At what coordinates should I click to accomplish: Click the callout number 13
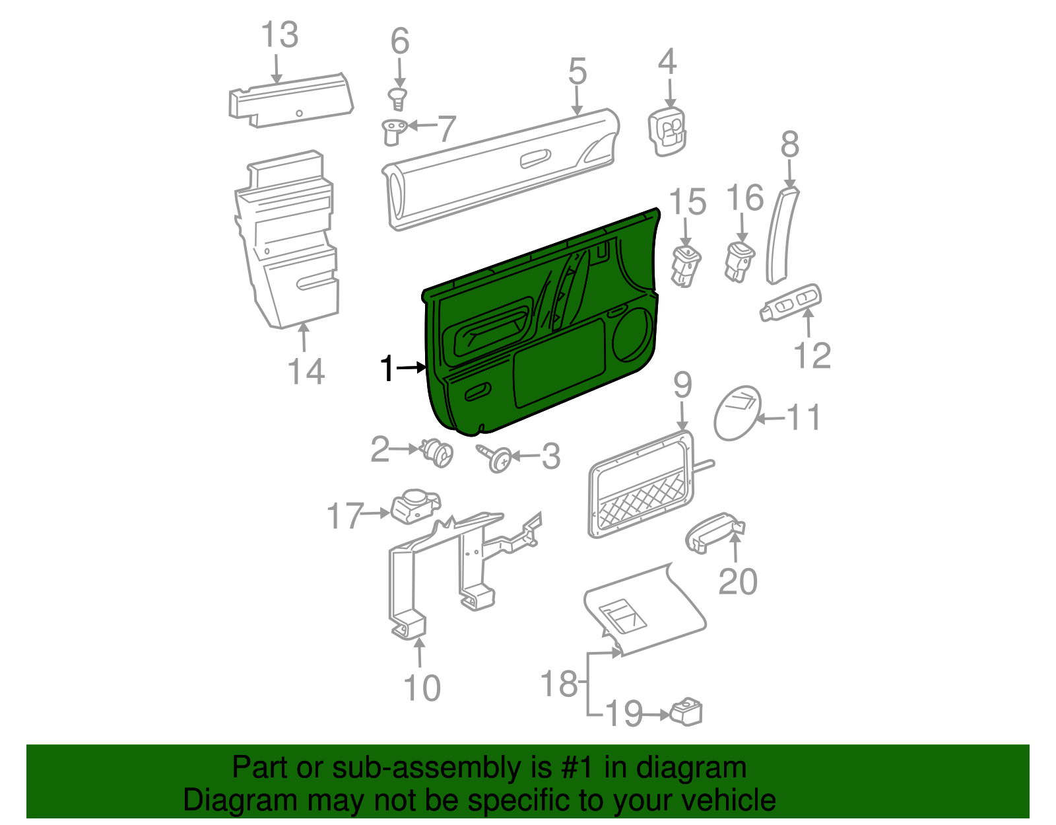[x=280, y=35]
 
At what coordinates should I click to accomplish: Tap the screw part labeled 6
[x=397, y=100]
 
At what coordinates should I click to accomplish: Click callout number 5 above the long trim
[x=577, y=71]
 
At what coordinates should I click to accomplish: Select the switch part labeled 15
[x=685, y=266]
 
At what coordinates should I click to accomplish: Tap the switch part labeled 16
[x=739, y=261]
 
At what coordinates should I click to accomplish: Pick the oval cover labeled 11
[x=737, y=413]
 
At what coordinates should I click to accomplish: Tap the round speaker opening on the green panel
[x=632, y=336]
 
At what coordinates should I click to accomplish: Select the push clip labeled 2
[x=438, y=453]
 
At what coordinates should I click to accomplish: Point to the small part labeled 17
[x=414, y=507]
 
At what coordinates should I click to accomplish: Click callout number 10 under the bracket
[x=422, y=688]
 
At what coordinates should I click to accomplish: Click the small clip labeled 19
[x=686, y=712]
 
